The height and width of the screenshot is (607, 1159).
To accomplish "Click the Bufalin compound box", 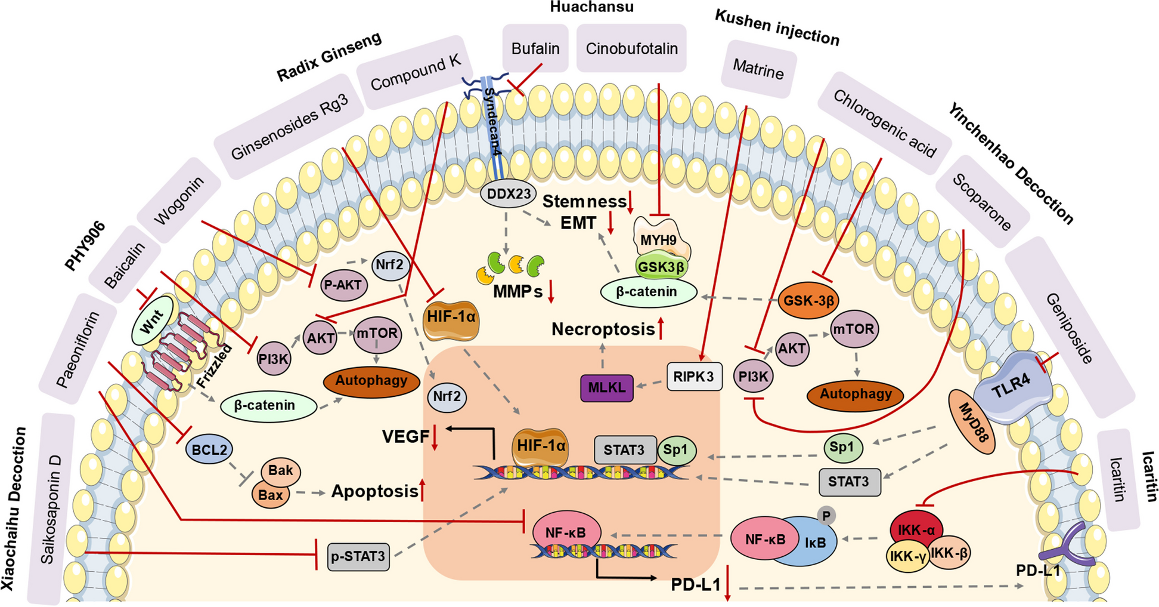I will (x=535, y=48).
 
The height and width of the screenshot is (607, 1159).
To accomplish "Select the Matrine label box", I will (x=758, y=70).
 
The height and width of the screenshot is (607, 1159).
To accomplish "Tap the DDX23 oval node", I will (x=508, y=194).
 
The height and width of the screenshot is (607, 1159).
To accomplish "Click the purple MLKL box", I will (x=606, y=387).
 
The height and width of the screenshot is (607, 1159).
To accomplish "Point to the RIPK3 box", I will (x=693, y=377).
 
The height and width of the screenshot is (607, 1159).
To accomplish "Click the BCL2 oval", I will (x=209, y=449).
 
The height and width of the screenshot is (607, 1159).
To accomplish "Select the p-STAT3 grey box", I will (x=358, y=556).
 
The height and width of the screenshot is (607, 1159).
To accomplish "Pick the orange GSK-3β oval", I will (x=808, y=300).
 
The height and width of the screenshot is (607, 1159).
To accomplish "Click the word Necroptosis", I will (x=603, y=329).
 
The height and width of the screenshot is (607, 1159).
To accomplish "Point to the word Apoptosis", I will (x=374, y=491).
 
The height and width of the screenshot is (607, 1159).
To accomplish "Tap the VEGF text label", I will (x=405, y=437).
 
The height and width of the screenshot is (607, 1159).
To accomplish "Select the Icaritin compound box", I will (x=1118, y=479).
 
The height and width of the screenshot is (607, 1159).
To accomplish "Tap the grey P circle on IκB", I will (x=826, y=515).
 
